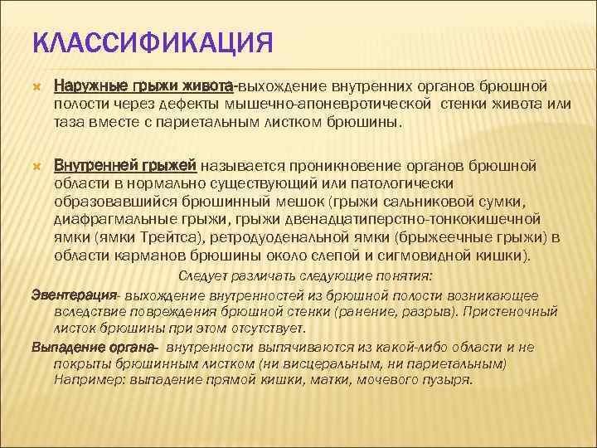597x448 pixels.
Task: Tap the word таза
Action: tap(69, 123)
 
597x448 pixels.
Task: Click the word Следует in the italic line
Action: tap(204, 277)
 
